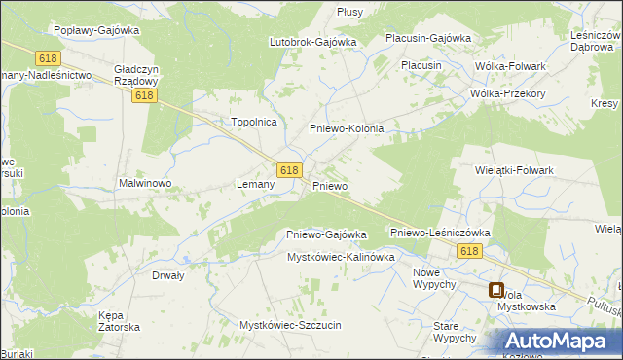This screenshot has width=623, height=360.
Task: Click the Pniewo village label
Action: (330, 185)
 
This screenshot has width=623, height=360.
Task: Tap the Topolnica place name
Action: (254, 122)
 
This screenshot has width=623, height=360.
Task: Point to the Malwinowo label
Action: (145, 182)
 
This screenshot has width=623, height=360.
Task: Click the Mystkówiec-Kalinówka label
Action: (340, 257)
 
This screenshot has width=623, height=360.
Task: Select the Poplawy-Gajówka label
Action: (97, 30)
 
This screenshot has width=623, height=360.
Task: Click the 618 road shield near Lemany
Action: (287, 169)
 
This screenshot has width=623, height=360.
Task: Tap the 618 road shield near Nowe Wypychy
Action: (467, 251)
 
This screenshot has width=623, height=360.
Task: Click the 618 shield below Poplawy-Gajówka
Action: (48, 58)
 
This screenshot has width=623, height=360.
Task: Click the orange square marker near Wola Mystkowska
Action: (495, 289)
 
